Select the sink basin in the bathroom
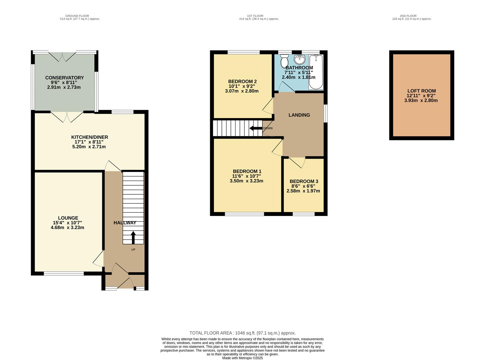point(300,60)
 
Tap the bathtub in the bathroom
point(316,72)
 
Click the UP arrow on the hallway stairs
point(133,238)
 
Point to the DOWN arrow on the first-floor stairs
point(255,128)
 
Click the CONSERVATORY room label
point(64,78)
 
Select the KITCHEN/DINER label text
point(90,137)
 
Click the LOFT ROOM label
point(421,91)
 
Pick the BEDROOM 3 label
point(304,181)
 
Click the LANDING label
point(299,115)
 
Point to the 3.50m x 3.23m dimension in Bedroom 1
point(246,181)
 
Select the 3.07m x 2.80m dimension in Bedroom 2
point(242,91)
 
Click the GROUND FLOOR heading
point(77,16)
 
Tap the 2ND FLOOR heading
point(408,16)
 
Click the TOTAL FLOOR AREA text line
point(242,333)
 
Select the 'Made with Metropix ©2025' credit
point(242,358)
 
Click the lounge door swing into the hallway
point(99,259)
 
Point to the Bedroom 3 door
point(297,162)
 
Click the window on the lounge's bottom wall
point(64,274)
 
